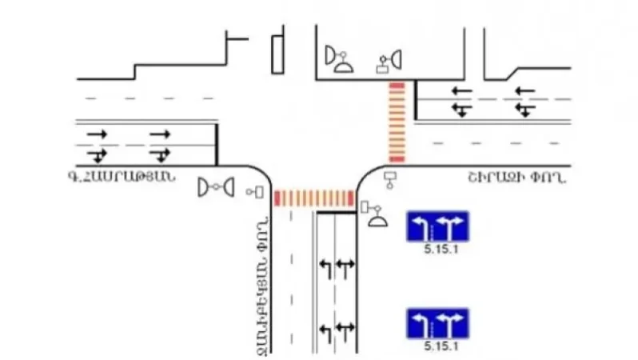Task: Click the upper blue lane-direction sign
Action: click(438, 226)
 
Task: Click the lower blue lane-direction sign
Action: click(438, 323)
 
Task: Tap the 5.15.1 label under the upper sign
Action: click(438, 250)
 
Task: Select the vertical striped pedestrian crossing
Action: click(397, 122)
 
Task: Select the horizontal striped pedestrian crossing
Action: click(314, 198)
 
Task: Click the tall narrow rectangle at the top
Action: click(277, 54)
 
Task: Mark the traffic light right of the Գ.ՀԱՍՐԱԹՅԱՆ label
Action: click(216, 187)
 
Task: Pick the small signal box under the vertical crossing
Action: click(390, 178)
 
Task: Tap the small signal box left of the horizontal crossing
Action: click(257, 192)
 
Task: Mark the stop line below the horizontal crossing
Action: click(336, 213)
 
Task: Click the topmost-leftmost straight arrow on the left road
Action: click(97, 134)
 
